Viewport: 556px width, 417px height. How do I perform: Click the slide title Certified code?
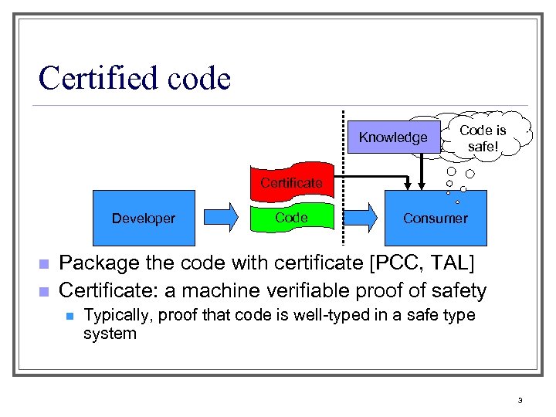pyautogui.click(x=134, y=78)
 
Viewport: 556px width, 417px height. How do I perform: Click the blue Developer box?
pyautogui.click(x=143, y=219)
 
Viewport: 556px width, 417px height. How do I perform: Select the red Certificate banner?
pyautogui.click(x=290, y=182)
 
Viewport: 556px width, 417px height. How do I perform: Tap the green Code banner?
pyautogui.click(x=291, y=218)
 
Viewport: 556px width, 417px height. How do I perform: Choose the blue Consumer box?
pyautogui.click(x=436, y=219)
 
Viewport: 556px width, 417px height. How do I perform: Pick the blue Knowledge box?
pyautogui.click(x=392, y=137)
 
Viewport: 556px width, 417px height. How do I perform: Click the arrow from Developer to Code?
pyautogui.click(x=222, y=218)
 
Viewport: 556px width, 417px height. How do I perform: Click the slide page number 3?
pyautogui.click(x=520, y=400)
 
